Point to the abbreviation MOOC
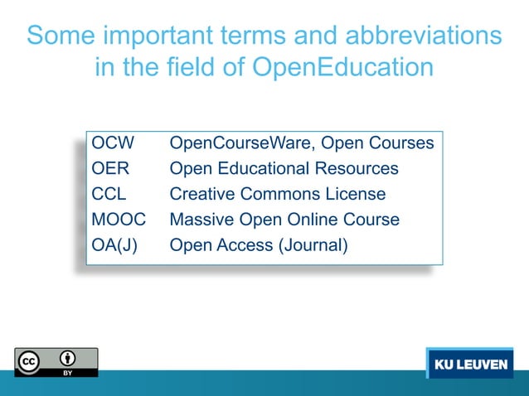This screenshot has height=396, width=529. [119, 220]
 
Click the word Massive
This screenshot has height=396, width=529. [200, 220]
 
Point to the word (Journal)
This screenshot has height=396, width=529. [308, 246]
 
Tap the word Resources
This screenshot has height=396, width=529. [358, 169]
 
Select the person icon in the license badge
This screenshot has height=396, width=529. [68, 359]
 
